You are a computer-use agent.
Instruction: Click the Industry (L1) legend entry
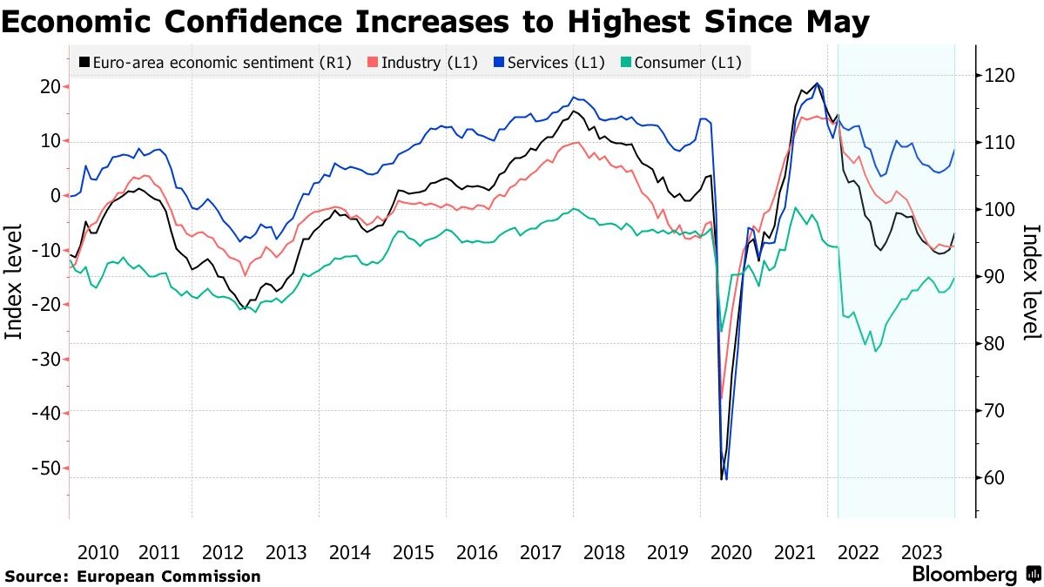click(x=423, y=62)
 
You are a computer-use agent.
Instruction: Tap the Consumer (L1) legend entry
click(x=683, y=62)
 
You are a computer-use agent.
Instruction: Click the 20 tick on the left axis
click(x=50, y=86)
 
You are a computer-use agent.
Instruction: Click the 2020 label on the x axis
click(x=731, y=552)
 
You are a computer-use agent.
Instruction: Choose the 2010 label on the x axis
click(x=98, y=552)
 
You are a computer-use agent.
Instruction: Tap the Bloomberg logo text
click(x=964, y=575)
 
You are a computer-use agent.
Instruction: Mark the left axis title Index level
click(x=14, y=279)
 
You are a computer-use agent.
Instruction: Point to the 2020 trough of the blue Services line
click(x=726, y=478)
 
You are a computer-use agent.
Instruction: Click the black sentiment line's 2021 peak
click(x=816, y=84)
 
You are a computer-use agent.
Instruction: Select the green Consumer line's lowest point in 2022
click(x=875, y=351)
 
